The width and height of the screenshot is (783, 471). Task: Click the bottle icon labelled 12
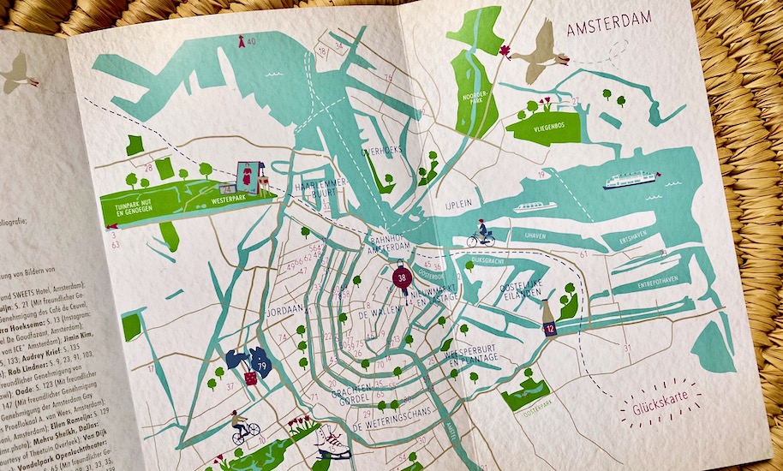[x=548, y=322]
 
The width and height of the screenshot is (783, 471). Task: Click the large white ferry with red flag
[x=630, y=180]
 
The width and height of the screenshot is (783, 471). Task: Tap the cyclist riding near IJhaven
[x=481, y=234]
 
